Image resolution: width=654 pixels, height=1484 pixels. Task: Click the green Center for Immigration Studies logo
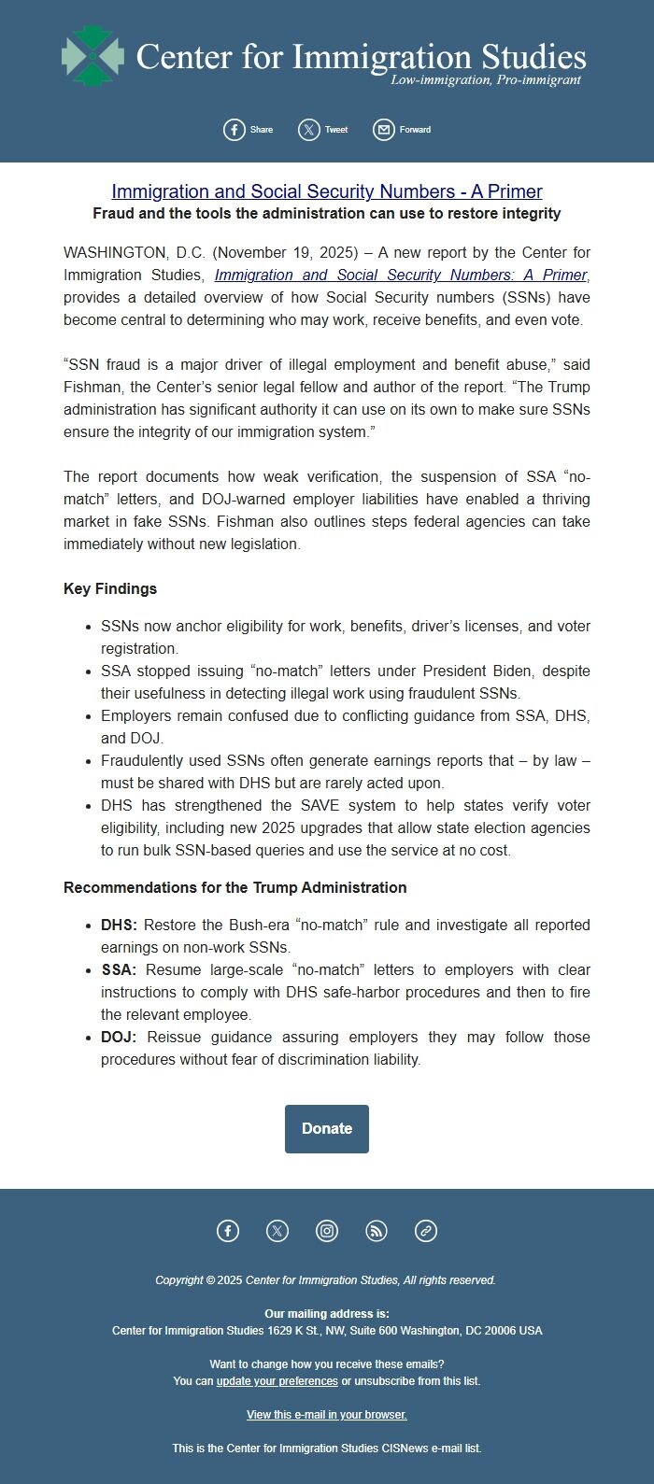click(x=92, y=56)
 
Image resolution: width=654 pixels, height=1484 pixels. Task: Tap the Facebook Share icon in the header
click(x=235, y=130)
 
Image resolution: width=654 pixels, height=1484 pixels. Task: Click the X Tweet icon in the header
click(x=309, y=130)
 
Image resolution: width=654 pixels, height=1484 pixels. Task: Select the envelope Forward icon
click(x=384, y=130)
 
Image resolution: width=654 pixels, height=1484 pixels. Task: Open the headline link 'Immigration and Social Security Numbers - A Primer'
click(x=327, y=191)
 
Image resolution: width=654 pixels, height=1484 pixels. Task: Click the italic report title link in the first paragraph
click(x=401, y=275)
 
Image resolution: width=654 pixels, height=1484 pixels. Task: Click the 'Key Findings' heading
click(x=110, y=588)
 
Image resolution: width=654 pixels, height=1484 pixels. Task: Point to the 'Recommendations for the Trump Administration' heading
click(x=235, y=887)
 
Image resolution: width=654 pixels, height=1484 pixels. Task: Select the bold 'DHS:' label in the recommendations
click(x=119, y=925)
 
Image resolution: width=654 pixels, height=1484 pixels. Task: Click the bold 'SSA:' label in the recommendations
click(x=119, y=969)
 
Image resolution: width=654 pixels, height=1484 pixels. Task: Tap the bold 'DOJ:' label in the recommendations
click(x=119, y=1037)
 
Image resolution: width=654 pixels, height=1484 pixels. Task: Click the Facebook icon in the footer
click(x=228, y=1231)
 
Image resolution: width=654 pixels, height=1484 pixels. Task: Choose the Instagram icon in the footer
click(x=327, y=1231)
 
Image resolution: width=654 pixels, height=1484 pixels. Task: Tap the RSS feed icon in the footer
click(x=377, y=1231)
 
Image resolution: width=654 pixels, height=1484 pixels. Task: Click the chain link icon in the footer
click(x=426, y=1231)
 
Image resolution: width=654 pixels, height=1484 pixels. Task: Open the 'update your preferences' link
click(x=277, y=1380)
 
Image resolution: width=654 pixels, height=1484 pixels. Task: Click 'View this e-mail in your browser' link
click(x=327, y=1414)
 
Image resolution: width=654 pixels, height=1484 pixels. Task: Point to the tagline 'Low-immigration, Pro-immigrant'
click(x=486, y=80)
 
